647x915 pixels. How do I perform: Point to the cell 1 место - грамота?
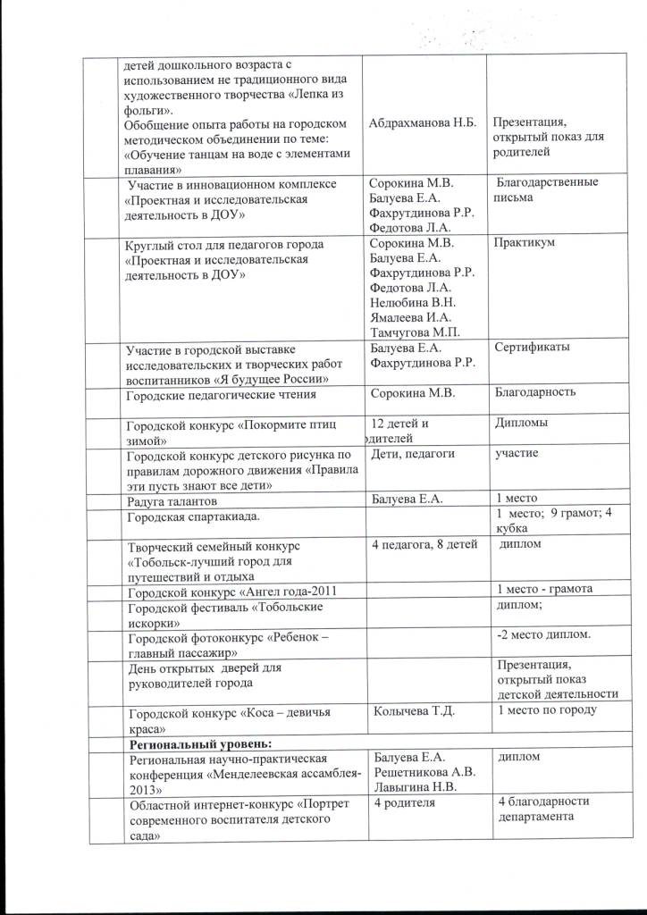pyautogui.click(x=543, y=589)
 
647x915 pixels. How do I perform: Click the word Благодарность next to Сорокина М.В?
pyautogui.click(x=534, y=392)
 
